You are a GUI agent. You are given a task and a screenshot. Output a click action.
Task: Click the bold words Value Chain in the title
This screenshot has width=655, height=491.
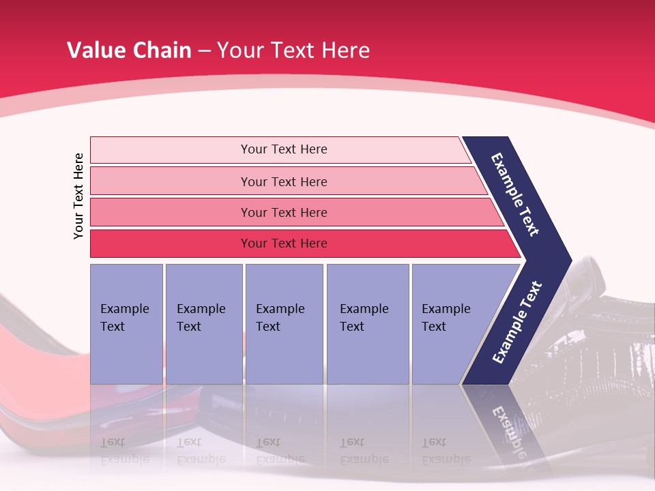coord(129,50)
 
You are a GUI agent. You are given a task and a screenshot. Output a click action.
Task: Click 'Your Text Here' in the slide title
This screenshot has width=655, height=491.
coord(293,50)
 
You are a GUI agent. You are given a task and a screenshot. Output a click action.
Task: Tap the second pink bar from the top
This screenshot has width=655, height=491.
coord(283,181)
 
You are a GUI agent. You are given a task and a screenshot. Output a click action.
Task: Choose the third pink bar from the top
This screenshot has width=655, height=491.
coord(283,212)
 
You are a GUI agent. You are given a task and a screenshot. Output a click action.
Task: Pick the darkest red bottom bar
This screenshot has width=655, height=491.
coord(283,243)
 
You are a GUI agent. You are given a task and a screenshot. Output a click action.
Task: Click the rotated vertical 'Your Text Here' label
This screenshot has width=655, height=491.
coord(78,196)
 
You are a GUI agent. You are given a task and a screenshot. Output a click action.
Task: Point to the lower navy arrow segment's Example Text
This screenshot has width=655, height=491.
coord(517,323)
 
